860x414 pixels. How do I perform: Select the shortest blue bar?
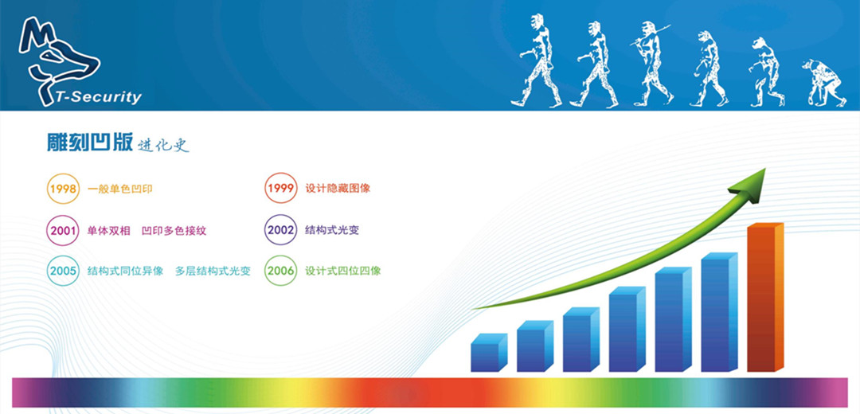pyautogui.click(x=489, y=353)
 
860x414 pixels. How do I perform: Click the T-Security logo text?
pyautogui.click(x=98, y=98)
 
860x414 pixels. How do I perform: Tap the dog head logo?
pyautogui.click(x=57, y=57)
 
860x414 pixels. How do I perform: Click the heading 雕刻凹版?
pyautogui.click(x=89, y=143)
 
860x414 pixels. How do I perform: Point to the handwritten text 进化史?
pyautogui.click(x=163, y=145)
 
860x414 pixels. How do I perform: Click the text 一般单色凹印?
pyautogui.click(x=119, y=189)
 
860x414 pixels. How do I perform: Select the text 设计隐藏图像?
pyautogui.click(x=338, y=189)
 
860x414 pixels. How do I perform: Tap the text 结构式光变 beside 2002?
pyautogui.click(x=332, y=230)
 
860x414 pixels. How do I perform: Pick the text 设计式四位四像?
pyautogui.click(x=342, y=271)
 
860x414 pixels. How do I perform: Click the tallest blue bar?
pyautogui.click(x=719, y=312)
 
